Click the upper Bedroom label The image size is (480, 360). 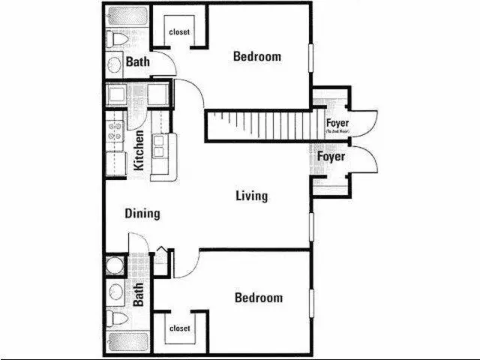(x=256, y=56)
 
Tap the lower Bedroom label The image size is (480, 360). (x=259, y=298)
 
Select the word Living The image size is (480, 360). (x=251, y=196)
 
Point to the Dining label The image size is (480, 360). (x=142, y=214)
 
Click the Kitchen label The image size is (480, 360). (x=139, y=150)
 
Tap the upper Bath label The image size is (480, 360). (x=137, y=61)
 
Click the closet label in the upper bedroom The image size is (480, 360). (x=179, y=32)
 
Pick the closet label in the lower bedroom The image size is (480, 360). (x=179, y=328)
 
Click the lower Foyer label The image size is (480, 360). (x=331, y=157)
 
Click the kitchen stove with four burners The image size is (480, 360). (x=115, y=132)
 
